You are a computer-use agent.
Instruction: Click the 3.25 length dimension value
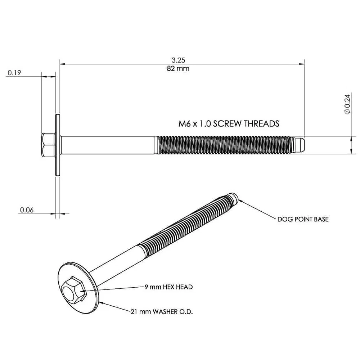click(x=178, y=60)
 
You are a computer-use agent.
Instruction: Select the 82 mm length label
click(x=178, y=68)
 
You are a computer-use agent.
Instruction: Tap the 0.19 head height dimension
click(x=14, y=73)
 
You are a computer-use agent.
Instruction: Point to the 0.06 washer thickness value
click(x=27, y=210)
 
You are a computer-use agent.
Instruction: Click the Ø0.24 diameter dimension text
click(x=347, y=104)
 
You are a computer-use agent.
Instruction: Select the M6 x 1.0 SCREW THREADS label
click(x=229, y=124)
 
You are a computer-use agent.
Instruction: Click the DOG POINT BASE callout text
click(x=303, y=219)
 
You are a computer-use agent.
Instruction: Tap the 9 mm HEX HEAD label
click(x=169, y=287)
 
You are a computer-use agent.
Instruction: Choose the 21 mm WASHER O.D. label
click(x=162, y=311)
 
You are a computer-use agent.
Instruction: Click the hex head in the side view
click(x=49, y=145)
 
